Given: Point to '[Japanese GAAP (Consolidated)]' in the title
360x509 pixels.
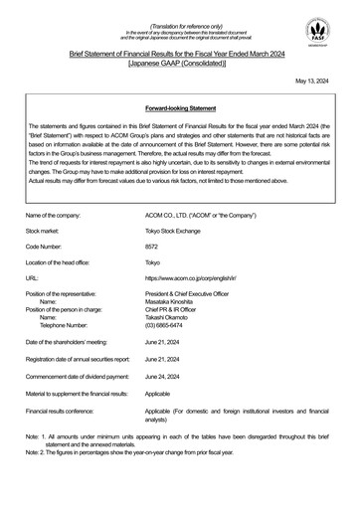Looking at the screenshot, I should pyautogui.click(x=179, y=63).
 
